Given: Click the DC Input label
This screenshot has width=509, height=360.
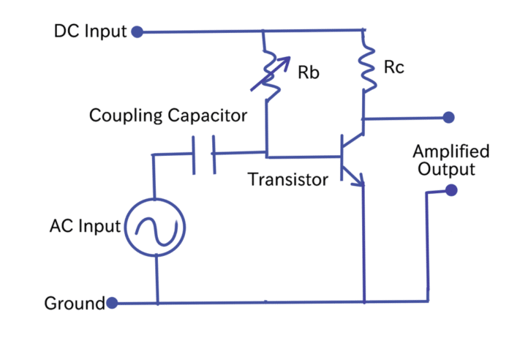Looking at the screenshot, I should click(90, 31).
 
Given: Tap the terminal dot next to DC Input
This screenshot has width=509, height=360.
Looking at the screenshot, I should click(135, 31).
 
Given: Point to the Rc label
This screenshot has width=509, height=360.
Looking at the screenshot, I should click(394, 68).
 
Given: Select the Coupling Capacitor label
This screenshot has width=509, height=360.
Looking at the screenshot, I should click(168, 116).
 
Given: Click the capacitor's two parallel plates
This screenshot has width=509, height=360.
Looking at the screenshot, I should click(205, 154).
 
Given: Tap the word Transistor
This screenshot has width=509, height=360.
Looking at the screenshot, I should click(287, 179).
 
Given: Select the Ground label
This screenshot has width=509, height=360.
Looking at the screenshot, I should click(75, 303).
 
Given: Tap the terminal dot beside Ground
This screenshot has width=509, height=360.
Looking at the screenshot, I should click(112, 302).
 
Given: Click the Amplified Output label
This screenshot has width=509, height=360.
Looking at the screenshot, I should click(450, 160).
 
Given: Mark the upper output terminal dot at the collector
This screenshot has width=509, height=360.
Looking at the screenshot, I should click(449, 117).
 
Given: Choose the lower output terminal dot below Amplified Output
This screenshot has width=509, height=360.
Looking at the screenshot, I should click(450, 190).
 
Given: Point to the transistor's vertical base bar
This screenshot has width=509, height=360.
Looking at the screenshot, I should click(344, 156).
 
